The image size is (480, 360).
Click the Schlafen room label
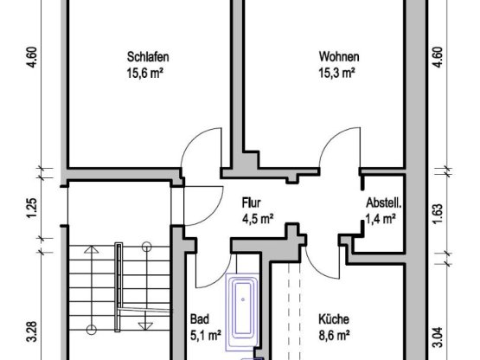coord(148,57)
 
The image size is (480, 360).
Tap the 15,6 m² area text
coord(144,74)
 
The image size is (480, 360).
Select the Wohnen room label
coord(339,56)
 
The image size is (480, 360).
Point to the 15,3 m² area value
coord(336,74)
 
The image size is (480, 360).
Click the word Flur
coord(252,202)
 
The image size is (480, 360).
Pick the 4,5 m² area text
coord(258,219)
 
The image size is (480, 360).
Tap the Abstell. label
coord(384,202)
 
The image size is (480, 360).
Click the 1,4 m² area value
coord(381,219)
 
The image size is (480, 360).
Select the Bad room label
coord(200,319)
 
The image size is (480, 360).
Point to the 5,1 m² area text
coord(206,336)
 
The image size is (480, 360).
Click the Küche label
coord(334,319)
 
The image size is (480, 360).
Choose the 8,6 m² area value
coord(335,336)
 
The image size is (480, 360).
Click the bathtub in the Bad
coord(243,312)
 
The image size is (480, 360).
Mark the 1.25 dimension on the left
coord(32,209)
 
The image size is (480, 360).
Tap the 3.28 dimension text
coord(32,331)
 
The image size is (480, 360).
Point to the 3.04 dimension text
coord(438,337)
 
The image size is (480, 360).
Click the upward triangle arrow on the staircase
coord(91,249)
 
